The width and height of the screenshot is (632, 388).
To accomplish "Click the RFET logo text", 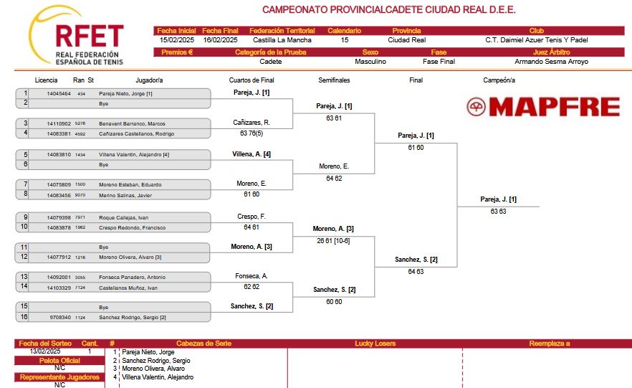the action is [x=89, y=36].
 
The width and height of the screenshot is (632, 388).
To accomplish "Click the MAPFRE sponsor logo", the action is [x=543, y=107].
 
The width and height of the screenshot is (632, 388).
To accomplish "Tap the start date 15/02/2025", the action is [x=176, y=40].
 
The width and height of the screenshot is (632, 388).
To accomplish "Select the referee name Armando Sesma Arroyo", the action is [x=551, y=61].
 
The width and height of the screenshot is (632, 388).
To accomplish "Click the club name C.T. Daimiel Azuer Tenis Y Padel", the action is [x=536, y=40].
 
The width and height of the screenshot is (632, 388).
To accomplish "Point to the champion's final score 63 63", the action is [x=498, y=212].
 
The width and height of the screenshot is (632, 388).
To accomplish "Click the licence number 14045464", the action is [x=59, y=93].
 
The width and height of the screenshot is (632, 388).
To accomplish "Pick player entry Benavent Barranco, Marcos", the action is [x=132, y=124].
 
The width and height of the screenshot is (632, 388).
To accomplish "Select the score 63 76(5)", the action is [x=252, y=133].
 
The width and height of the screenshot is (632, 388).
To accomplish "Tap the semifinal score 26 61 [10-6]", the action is [x=333, y=241].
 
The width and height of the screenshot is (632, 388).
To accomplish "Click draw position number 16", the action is [x=24, y=316].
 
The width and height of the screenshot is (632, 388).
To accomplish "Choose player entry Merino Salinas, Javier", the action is [x=125, y=195].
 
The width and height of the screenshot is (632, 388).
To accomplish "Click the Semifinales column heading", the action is [x=334, y=80].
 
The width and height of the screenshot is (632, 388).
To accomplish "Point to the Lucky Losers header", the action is [x=375, y=344].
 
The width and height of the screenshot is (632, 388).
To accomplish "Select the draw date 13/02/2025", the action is [x=45, y=351].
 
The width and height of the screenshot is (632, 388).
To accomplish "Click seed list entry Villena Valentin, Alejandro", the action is [x=158, y=377].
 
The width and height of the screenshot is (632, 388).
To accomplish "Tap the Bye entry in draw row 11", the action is [x=104, y=247].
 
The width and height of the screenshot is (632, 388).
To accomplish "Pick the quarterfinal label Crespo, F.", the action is [x=252, y=217].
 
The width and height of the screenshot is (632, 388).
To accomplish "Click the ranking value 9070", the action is [x=80, y=195].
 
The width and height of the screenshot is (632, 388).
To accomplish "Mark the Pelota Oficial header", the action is [x=59, y=361].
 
